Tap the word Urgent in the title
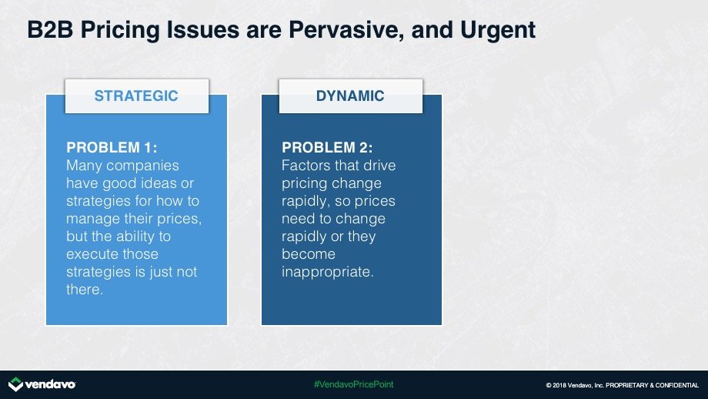[498, 31]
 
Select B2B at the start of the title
[50, 30]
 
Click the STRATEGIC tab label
[136, 96]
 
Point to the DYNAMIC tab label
[350, 96]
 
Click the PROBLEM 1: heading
[112, 147]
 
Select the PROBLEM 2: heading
[327, 147]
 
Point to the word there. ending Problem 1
[85, 289]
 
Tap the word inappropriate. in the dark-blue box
[327, 272]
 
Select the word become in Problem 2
[309, 254]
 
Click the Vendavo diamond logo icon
[15, 384]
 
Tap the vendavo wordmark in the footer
[50, 384]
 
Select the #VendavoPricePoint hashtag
[353, 384]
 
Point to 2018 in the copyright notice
[559, 385]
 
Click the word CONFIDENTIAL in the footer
[677, 385]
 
